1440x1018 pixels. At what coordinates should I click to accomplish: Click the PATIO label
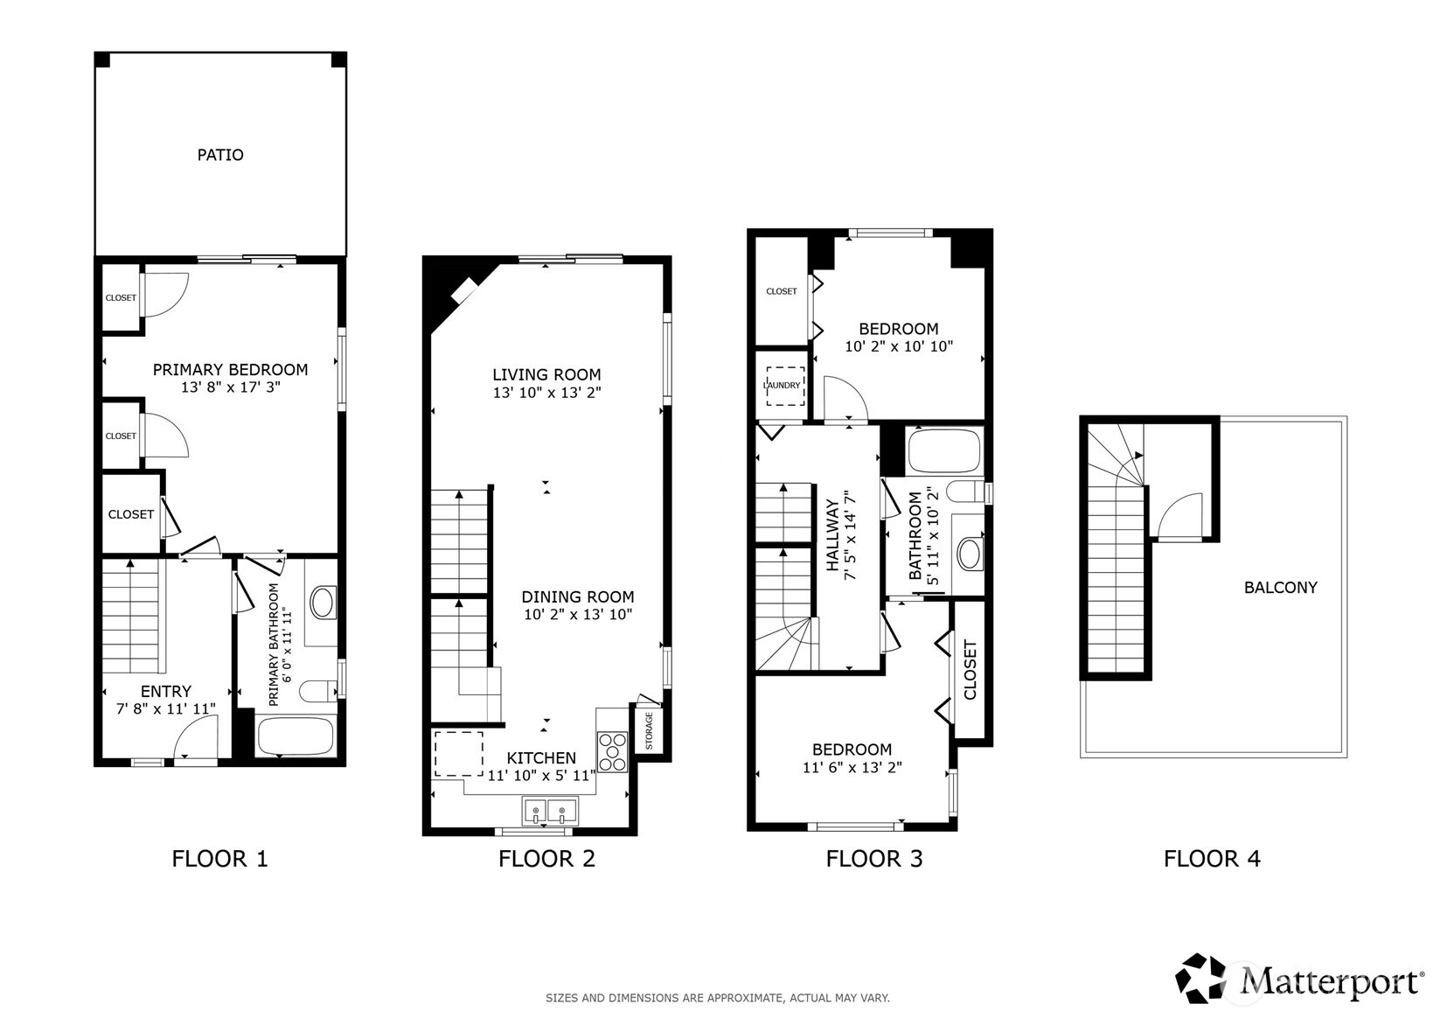click(x=220, y=155)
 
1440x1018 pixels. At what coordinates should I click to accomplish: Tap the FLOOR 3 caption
click(x=873, y=859)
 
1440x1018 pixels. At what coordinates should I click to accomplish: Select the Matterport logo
click(x=1299, y=979)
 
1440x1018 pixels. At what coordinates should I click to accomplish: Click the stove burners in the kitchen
click(x=613, y=751)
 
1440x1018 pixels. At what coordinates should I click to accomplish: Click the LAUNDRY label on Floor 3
click(x=782, y=385)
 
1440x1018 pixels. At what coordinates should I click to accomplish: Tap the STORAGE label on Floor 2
click(x=649, y=731)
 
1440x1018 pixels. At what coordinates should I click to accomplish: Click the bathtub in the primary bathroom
click(x=296, y=736)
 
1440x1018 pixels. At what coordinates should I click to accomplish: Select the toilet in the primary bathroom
click(x=318, y=692)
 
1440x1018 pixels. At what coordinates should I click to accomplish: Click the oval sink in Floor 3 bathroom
click(x=969, y=554)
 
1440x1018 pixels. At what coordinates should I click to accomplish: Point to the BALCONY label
click(x=1280, y=588)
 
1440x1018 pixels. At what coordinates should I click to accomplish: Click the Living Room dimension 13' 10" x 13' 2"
click(x=546, y=394)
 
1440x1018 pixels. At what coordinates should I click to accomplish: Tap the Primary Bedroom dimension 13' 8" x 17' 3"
click(x=231, y=387)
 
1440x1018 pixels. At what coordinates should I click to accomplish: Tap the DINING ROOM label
click(x=578, y=596)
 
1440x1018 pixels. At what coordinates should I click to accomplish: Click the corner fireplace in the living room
click(x=463, y=292)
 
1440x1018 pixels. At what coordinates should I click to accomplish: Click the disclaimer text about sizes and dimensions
click(x=717, y=998)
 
